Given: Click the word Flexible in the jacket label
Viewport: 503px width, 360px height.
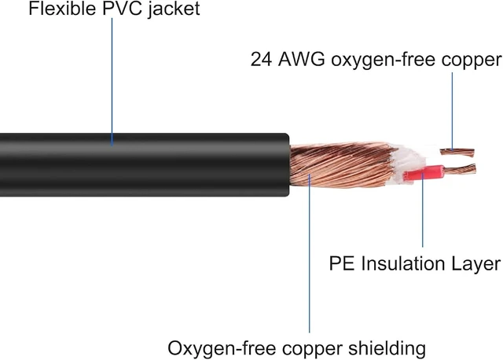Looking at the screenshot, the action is (x=62, y=8).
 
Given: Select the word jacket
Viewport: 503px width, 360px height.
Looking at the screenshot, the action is (x=174, y=9).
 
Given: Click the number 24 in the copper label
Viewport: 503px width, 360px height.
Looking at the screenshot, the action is (x=261, y=60).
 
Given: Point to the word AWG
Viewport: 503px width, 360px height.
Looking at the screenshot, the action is (x=301, y=60).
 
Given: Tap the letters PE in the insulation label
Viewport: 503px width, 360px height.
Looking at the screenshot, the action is (x=342, y=264).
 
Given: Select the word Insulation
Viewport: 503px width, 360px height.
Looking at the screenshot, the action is (x=403, y=264).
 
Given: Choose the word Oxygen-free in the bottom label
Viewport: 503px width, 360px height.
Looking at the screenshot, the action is (x=222, y=349).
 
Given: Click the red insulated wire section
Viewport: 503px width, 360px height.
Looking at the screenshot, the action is (x=424, y=173).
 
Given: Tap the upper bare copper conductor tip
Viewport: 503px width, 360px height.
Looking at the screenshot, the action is (x=457, y=152).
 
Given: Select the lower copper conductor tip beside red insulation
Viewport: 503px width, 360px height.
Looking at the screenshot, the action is (x=460, y=170).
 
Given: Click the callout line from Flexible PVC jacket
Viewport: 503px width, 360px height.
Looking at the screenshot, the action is (x=112, y=82).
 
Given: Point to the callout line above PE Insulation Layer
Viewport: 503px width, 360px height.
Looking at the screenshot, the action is (x=423, y=210).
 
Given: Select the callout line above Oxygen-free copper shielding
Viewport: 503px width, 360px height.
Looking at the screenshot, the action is (x=310, y=253).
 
